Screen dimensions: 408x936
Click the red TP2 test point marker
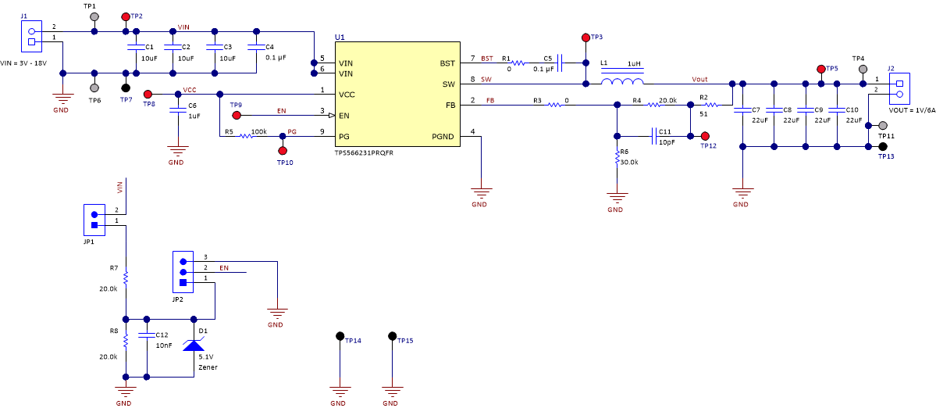126,16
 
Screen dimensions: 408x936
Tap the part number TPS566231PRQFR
364,154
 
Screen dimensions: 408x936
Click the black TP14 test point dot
340,336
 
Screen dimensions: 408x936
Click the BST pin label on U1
447,63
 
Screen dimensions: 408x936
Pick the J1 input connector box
31,37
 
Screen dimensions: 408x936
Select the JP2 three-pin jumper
183,272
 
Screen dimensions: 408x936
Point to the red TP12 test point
705,136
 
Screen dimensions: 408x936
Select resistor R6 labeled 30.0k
617,159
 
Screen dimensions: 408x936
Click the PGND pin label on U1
443,136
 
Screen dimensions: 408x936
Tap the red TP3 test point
585,38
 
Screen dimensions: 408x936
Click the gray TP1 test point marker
94,16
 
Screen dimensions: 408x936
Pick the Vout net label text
699,79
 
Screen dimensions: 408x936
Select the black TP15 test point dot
393,336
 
